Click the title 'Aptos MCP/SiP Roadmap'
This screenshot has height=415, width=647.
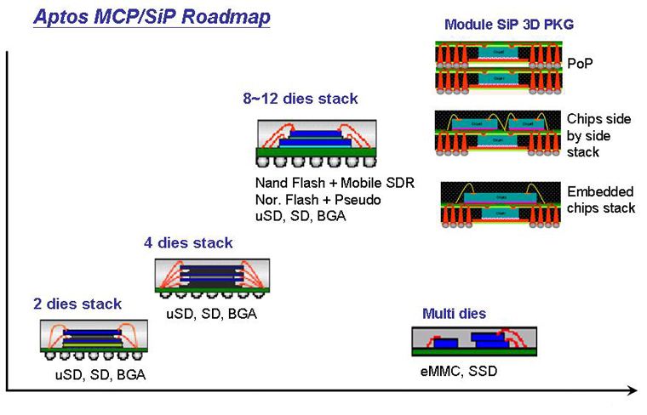[x=151, y=17]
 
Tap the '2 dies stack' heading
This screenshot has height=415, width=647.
[x=77, y=304]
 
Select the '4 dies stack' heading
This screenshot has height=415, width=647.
[x=188, y=243]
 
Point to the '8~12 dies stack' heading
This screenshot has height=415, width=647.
[x=300, y=99]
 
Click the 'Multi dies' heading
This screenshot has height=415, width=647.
[x=454, y=314]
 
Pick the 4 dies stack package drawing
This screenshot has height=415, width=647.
[x=212, y=279]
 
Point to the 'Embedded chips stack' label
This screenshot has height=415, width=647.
[x=600, y=200]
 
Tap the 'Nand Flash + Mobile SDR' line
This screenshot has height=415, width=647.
[x=334, y=184]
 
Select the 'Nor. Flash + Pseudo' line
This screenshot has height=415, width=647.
[x=318, y=200]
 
